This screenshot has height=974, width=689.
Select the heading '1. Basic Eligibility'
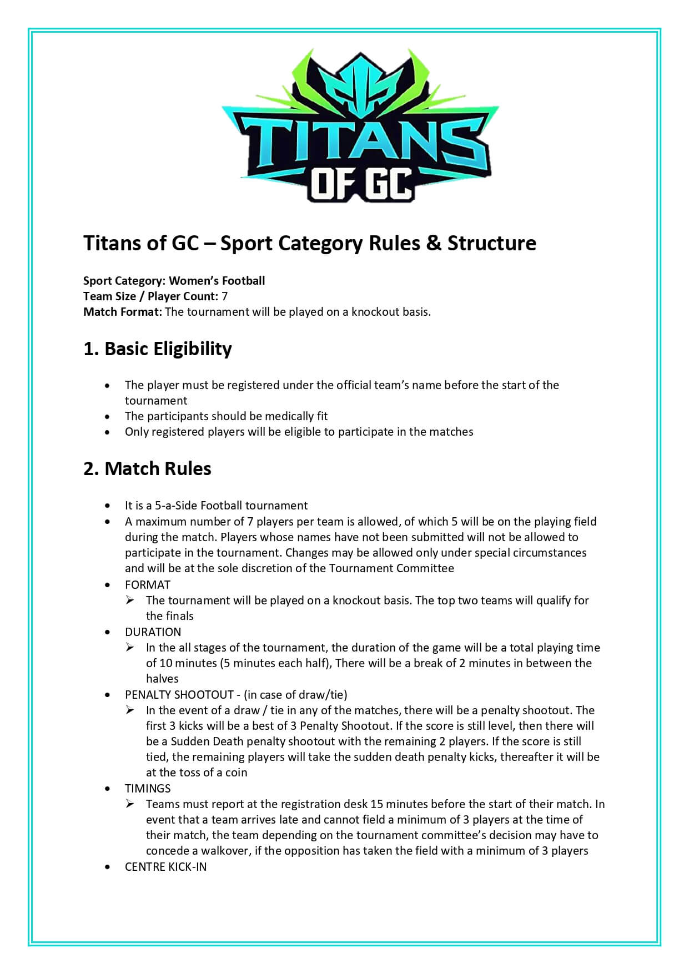coord(157,349)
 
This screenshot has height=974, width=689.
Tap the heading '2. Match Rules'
coord(147,469)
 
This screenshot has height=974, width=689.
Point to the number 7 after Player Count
coord(224,296)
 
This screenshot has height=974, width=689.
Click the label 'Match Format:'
coord(122,312)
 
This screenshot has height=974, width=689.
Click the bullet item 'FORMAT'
coord(148,585)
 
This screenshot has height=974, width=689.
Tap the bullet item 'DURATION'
coord(153,632)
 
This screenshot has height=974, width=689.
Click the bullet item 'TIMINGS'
coord(148,789)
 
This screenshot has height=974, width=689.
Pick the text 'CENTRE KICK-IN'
coord(165,867)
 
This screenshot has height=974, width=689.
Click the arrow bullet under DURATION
coord(130,647)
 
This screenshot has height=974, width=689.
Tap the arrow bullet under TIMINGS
coord(130,804)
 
